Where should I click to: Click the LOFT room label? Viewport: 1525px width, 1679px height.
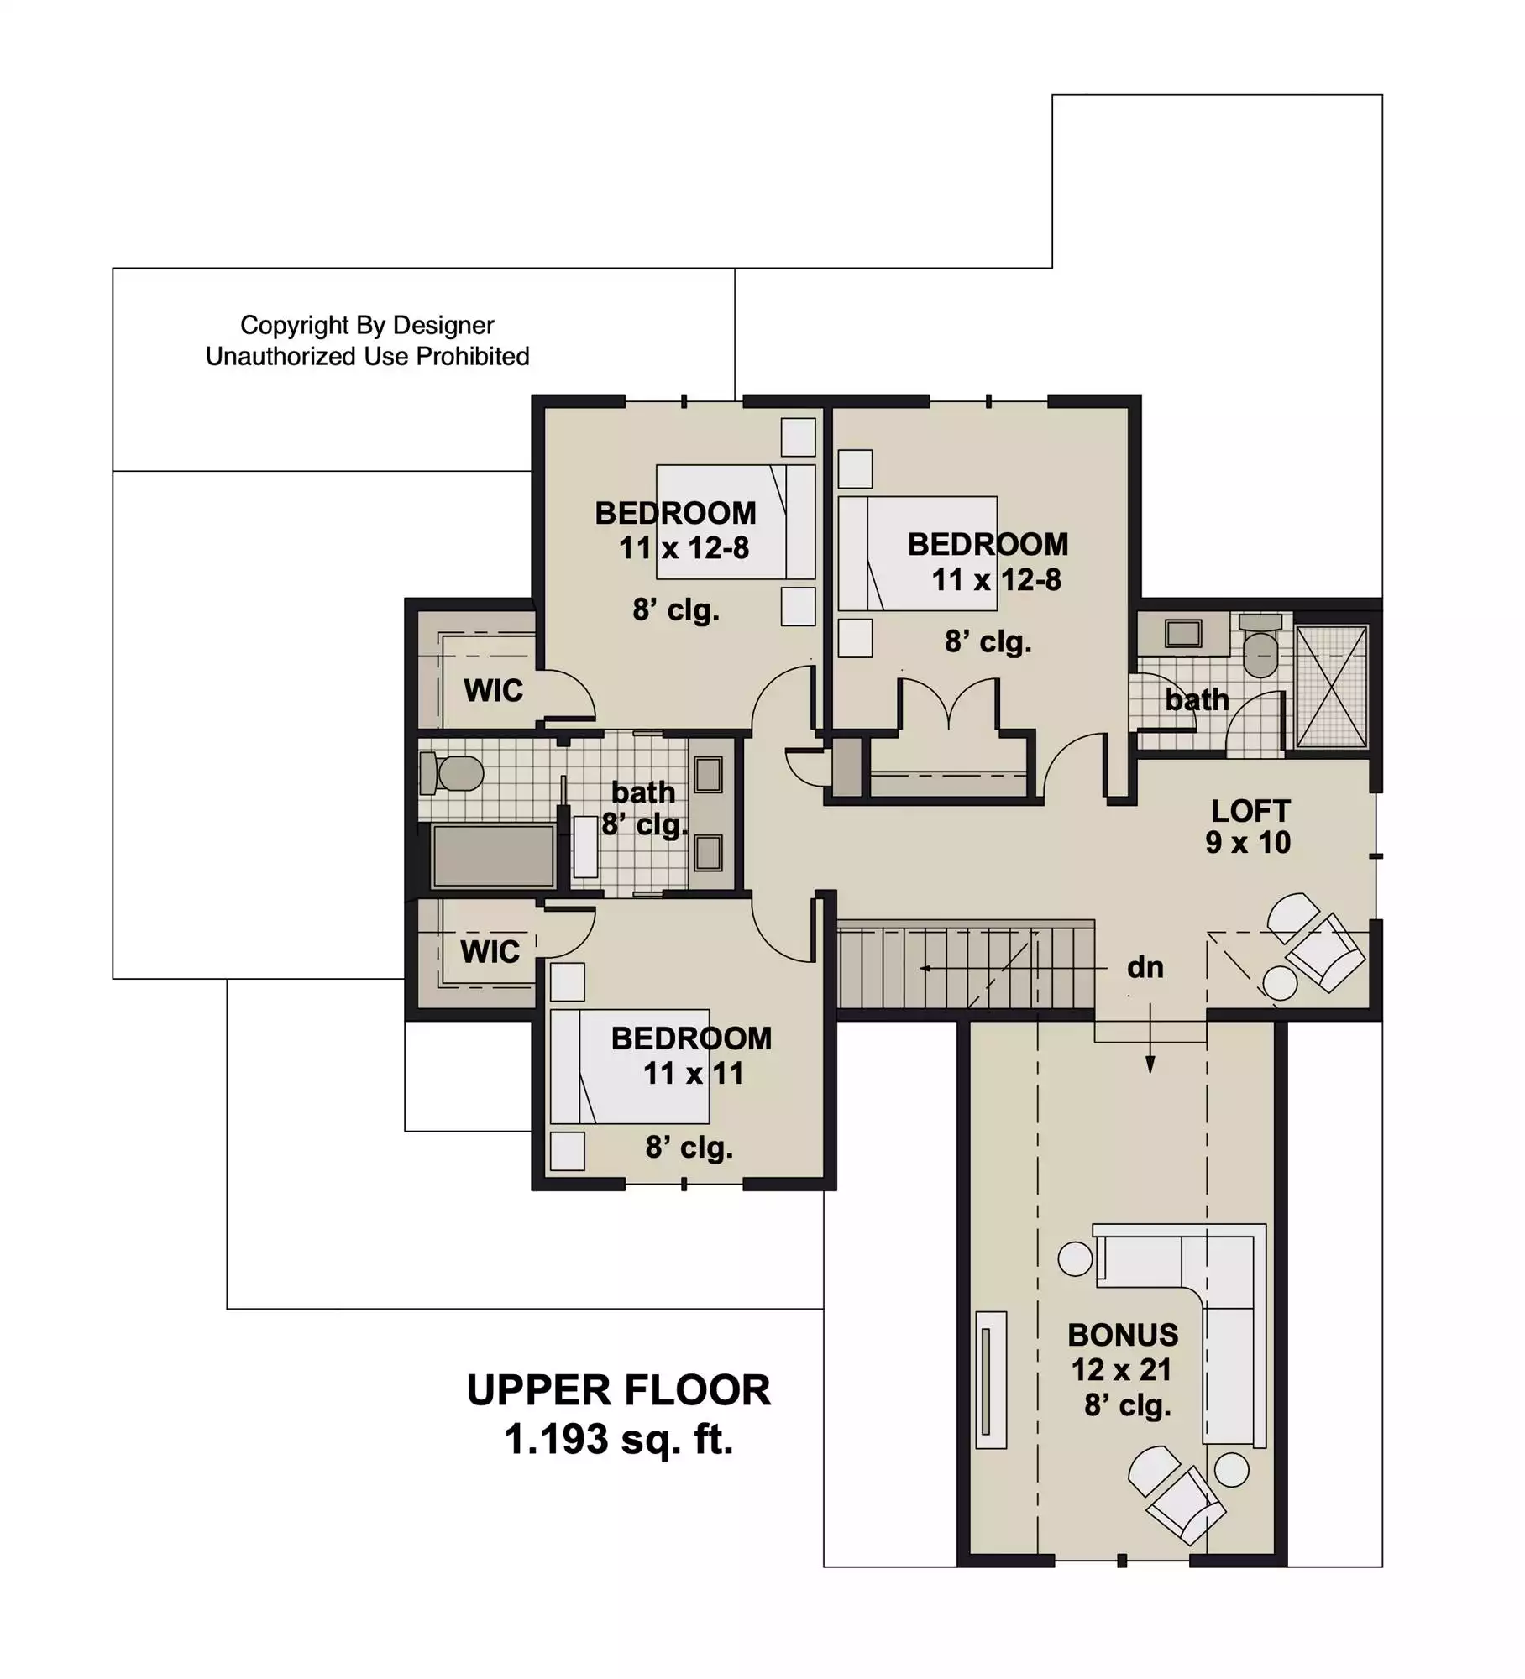point(1250,811)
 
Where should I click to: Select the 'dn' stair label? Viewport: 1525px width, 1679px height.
point(1145,967)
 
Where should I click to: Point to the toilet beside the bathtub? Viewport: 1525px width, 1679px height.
point(451,773)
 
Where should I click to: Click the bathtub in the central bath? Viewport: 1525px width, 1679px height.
point(493,855)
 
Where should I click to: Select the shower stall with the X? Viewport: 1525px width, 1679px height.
point(1332,686)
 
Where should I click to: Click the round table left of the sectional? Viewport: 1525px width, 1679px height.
point(1075,1259)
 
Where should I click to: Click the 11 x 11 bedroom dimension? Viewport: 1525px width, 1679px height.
point(694,1073)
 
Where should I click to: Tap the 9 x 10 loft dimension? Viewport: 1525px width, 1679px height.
point(1248,843)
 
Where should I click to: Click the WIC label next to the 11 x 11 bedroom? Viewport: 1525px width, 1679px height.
point(490,952)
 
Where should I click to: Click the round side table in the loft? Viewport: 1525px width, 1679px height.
point(1280,983)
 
